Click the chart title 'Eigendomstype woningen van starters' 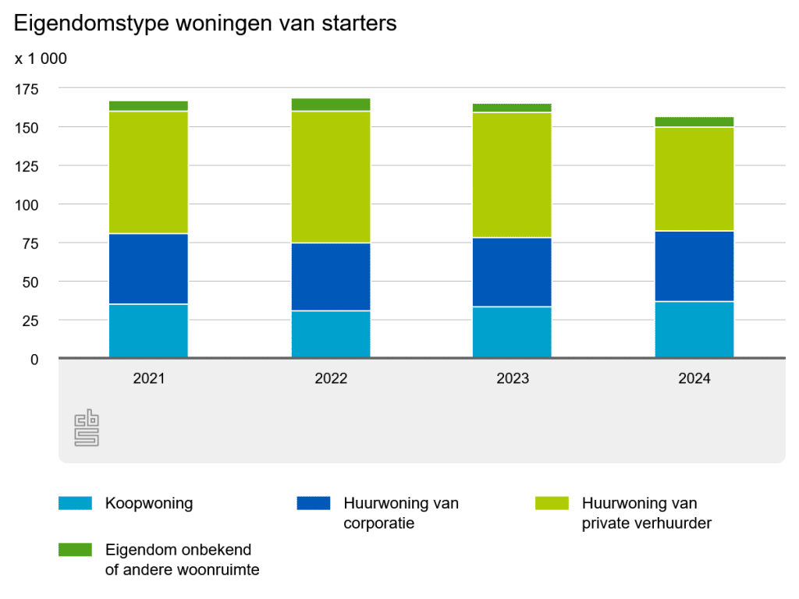pos(205,23)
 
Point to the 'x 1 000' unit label pos(41,58)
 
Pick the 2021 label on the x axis pos(148,379)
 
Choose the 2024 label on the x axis pos(694,379)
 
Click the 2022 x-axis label pos(331,379)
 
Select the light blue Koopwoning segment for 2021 pos(148,331)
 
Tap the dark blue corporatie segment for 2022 pos(331,277)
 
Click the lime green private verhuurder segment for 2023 pos(513,175)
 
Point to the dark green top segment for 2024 pos(694,122)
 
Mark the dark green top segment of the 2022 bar pos(331,105)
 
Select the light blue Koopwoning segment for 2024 pos(694,330)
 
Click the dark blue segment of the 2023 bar pos(513,272)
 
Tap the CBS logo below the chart pos(86,430)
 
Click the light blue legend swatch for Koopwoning pos(75,504)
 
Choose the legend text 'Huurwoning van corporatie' pos(400,513)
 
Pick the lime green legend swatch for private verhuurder pos(552,504)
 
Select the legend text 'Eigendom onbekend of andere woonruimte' pos(182,560)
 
